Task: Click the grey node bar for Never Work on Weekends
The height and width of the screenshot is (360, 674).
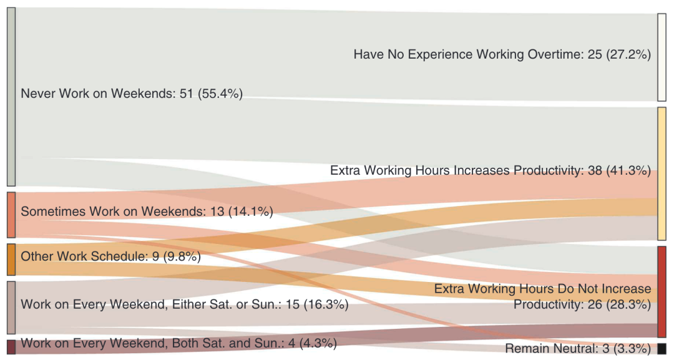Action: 11,97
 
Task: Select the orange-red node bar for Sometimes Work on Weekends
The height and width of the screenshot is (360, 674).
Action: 11,215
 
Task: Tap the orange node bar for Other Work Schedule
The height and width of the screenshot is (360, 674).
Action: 11,259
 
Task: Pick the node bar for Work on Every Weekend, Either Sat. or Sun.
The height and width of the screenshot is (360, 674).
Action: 11,307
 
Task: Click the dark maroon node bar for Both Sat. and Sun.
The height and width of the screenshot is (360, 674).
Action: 11,346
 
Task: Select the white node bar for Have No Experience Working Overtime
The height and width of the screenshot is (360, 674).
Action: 662,57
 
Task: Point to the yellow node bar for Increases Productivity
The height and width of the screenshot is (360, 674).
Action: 662,173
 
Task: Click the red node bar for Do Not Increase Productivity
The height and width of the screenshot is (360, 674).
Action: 662,291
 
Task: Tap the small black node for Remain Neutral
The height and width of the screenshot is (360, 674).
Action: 662,348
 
